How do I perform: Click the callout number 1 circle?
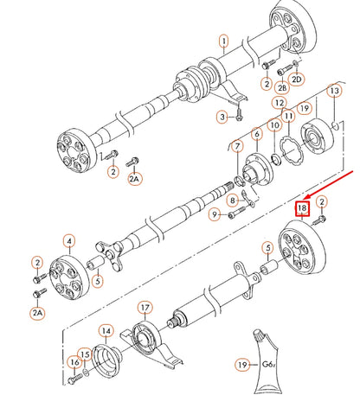click(x=222, y=41)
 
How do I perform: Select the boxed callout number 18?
click(x=302, y=208)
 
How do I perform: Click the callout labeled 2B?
click(x=281, y=87)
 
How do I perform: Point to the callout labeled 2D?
click(x=297, y=80)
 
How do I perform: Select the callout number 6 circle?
click(x=256, y=134)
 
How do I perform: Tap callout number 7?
click(x=214, y=215)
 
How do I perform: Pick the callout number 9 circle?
click(x=275, y=125)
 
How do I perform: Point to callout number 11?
click(x=279, y=103)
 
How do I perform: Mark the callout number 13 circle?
click(x=106, y=330)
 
